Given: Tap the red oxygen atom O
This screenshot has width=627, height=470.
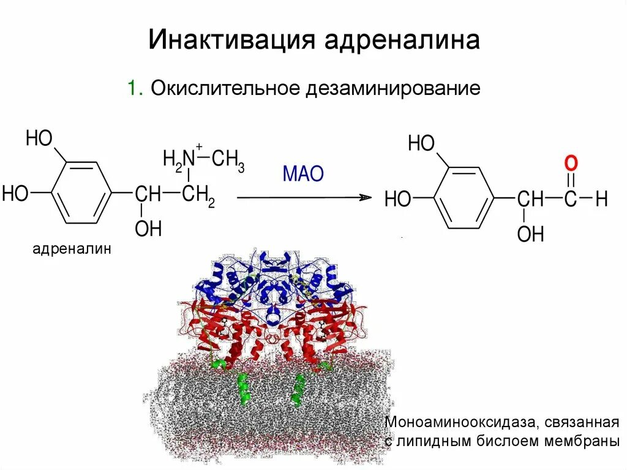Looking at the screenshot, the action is coord(571,164).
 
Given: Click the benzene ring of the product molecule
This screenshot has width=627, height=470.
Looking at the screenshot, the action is coord(463,197).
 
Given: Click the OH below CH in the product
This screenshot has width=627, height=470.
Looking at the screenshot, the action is coord(530,233).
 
